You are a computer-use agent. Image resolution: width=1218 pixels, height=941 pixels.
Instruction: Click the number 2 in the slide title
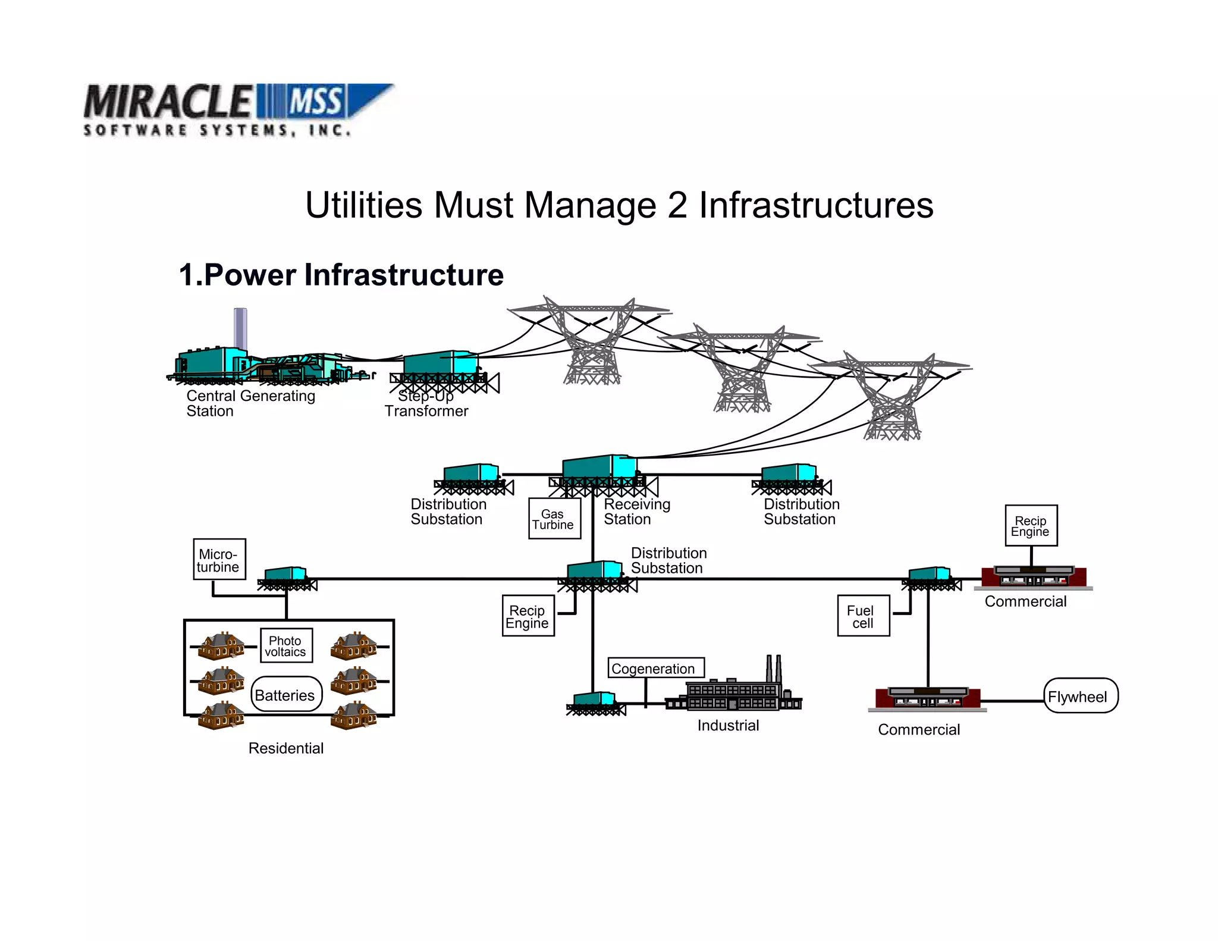coord(677,206)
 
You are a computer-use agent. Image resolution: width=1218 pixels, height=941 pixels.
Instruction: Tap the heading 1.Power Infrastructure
coord(341,275)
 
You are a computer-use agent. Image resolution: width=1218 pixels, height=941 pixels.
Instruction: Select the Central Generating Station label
coord(250,403)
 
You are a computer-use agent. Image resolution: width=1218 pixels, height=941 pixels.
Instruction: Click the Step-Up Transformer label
coord(426,404)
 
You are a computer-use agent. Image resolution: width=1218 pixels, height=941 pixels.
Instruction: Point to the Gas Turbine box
coord(554,519)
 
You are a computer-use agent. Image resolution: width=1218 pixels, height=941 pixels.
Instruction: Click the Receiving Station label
coord(636,512)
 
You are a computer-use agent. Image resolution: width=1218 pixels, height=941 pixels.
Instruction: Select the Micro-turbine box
coord(219,560)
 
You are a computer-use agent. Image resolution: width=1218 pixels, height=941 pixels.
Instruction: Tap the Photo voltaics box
coord(286,646)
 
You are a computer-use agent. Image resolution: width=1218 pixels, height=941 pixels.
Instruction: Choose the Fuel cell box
coord(863,616)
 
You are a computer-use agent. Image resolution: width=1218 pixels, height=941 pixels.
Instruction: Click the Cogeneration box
coord(655,668)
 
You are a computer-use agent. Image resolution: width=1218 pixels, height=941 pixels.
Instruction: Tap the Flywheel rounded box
coord(1080,696)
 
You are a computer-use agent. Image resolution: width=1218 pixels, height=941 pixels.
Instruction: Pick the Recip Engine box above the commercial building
coord(1031,526)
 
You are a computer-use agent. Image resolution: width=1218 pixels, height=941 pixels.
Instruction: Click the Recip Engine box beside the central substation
coord(528,616)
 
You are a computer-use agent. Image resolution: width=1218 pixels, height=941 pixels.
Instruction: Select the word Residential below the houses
coord(286,748)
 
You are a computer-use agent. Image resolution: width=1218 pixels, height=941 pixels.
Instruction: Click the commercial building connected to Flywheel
coord(927,698)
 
